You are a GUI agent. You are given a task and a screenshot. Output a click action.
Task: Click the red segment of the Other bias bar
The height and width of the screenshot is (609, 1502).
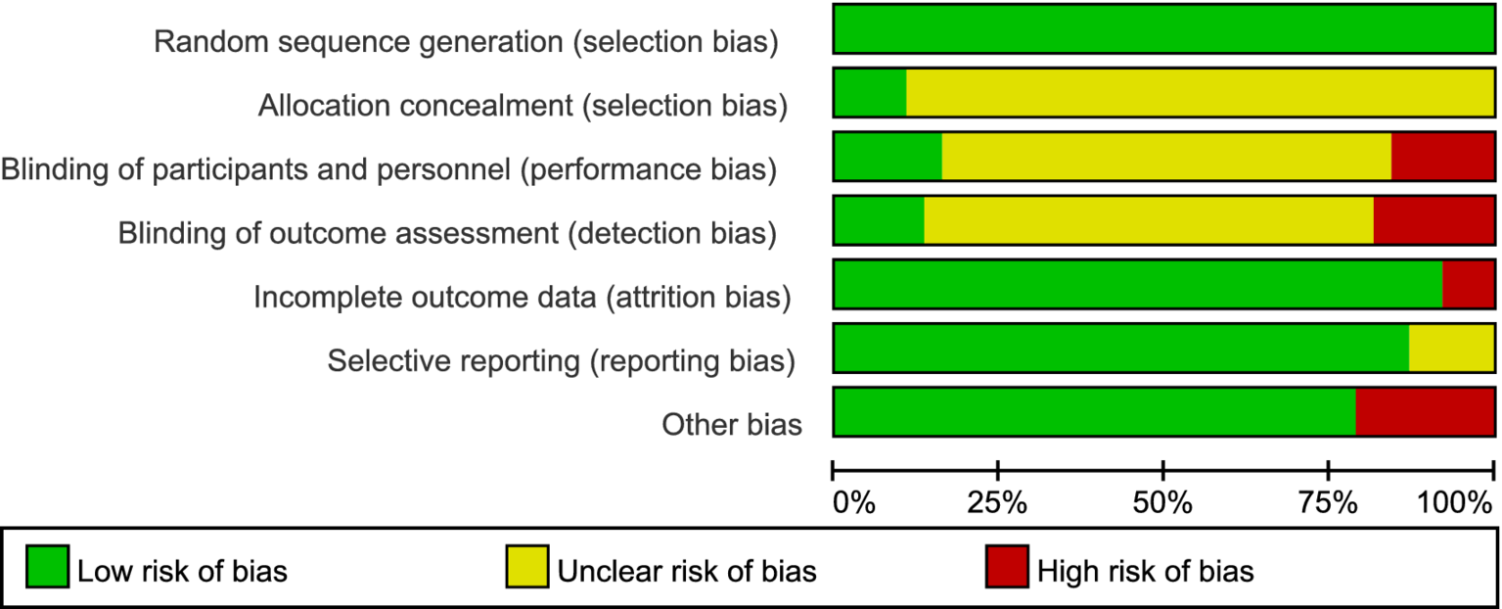(1425, 411)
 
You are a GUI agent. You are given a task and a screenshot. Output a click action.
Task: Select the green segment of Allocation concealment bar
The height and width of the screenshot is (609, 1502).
(869, 93)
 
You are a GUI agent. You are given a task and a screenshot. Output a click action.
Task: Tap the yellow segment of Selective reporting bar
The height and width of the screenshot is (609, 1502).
(1451, 348)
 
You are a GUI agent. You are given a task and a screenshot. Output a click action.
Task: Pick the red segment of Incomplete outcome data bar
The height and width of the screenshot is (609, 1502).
(1468, 284)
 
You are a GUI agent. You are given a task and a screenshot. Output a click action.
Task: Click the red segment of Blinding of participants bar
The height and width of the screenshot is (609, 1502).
(1442, 157)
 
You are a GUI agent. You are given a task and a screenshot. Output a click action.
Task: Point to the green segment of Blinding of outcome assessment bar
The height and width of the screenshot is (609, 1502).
(878, 220)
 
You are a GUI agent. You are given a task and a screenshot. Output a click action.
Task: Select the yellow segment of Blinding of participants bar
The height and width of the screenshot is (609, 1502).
(1166, 157)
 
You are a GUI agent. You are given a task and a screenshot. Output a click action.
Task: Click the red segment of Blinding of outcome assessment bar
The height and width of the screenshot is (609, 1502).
(1434, 220)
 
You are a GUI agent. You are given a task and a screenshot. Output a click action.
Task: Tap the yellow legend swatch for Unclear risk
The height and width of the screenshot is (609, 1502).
(525, 568)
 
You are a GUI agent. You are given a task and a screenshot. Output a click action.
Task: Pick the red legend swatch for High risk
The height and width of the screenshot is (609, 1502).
(1006, 568)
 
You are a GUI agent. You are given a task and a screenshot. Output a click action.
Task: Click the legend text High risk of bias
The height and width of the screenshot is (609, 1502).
(1146, 570)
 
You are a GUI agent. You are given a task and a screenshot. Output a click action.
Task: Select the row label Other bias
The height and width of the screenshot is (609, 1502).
(732, 425)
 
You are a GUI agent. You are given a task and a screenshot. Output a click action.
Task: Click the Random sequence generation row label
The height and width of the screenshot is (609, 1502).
(467, 42)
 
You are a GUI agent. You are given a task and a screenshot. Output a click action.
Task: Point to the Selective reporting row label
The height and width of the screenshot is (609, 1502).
(561, 361)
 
